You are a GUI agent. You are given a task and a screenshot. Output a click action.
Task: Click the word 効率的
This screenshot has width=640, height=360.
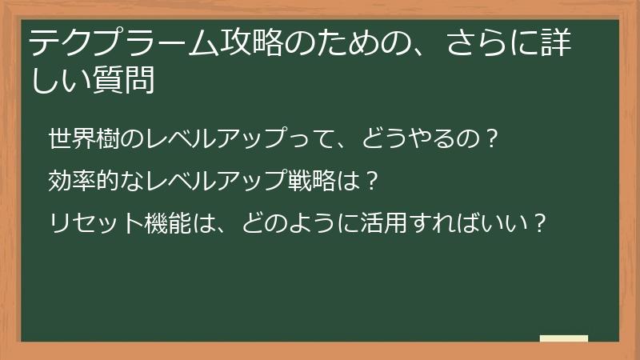[x=79, y=180]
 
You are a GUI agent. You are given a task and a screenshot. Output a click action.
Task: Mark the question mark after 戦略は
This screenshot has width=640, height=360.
[x=370, y=180]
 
